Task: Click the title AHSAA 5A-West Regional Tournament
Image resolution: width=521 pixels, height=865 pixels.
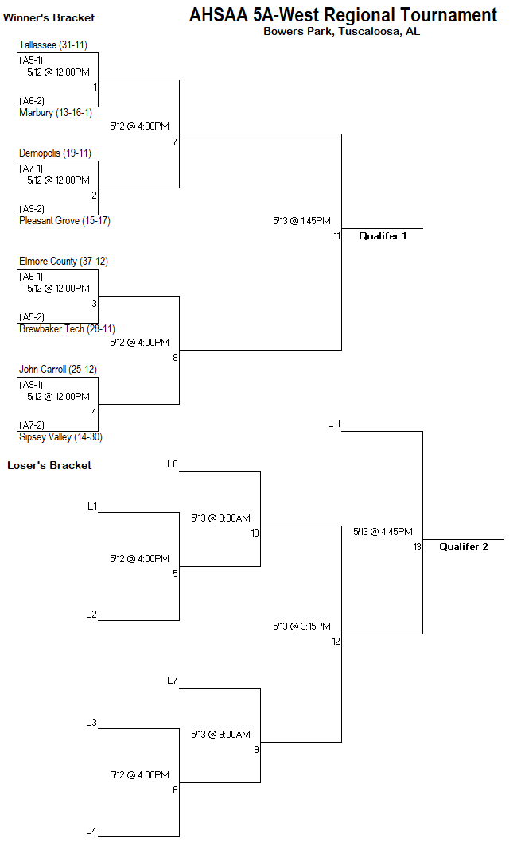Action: click(x=343, y=15)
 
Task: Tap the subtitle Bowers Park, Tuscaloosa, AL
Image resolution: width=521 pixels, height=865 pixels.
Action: click(x=341, y=32)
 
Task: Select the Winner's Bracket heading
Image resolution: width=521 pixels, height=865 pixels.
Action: click(x=49, y=17)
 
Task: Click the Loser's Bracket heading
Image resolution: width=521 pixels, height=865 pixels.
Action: click(x=49, y=465)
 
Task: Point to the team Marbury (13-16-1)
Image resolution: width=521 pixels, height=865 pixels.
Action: click(x=56, y=113)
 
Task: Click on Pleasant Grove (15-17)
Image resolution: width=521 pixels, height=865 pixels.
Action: click(x=64, y=221)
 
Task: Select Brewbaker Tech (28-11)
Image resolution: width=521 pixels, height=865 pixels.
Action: click(x=67, y=329)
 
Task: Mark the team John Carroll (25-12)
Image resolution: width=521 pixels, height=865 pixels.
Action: click(x=58, y=370)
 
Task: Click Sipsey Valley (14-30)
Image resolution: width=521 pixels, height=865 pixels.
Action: click(x=60, y=437)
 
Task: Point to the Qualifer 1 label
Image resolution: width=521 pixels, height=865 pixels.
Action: click(x=383, y=236)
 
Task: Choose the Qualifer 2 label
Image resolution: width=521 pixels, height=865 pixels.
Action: click(x=464, y=547)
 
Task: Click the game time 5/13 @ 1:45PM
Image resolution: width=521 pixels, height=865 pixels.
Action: click(x=301, y=221)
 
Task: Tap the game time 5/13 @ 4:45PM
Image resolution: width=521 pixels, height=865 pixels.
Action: click(x=383, y=532)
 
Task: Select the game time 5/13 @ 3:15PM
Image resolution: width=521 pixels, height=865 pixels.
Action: click(x=301, y=626)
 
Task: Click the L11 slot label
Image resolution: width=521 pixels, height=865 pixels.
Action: click(x=334, y=424)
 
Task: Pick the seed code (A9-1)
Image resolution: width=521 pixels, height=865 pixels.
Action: click(x=31, y=385)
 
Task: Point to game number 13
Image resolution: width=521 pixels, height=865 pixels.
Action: click(x=417, y=547)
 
